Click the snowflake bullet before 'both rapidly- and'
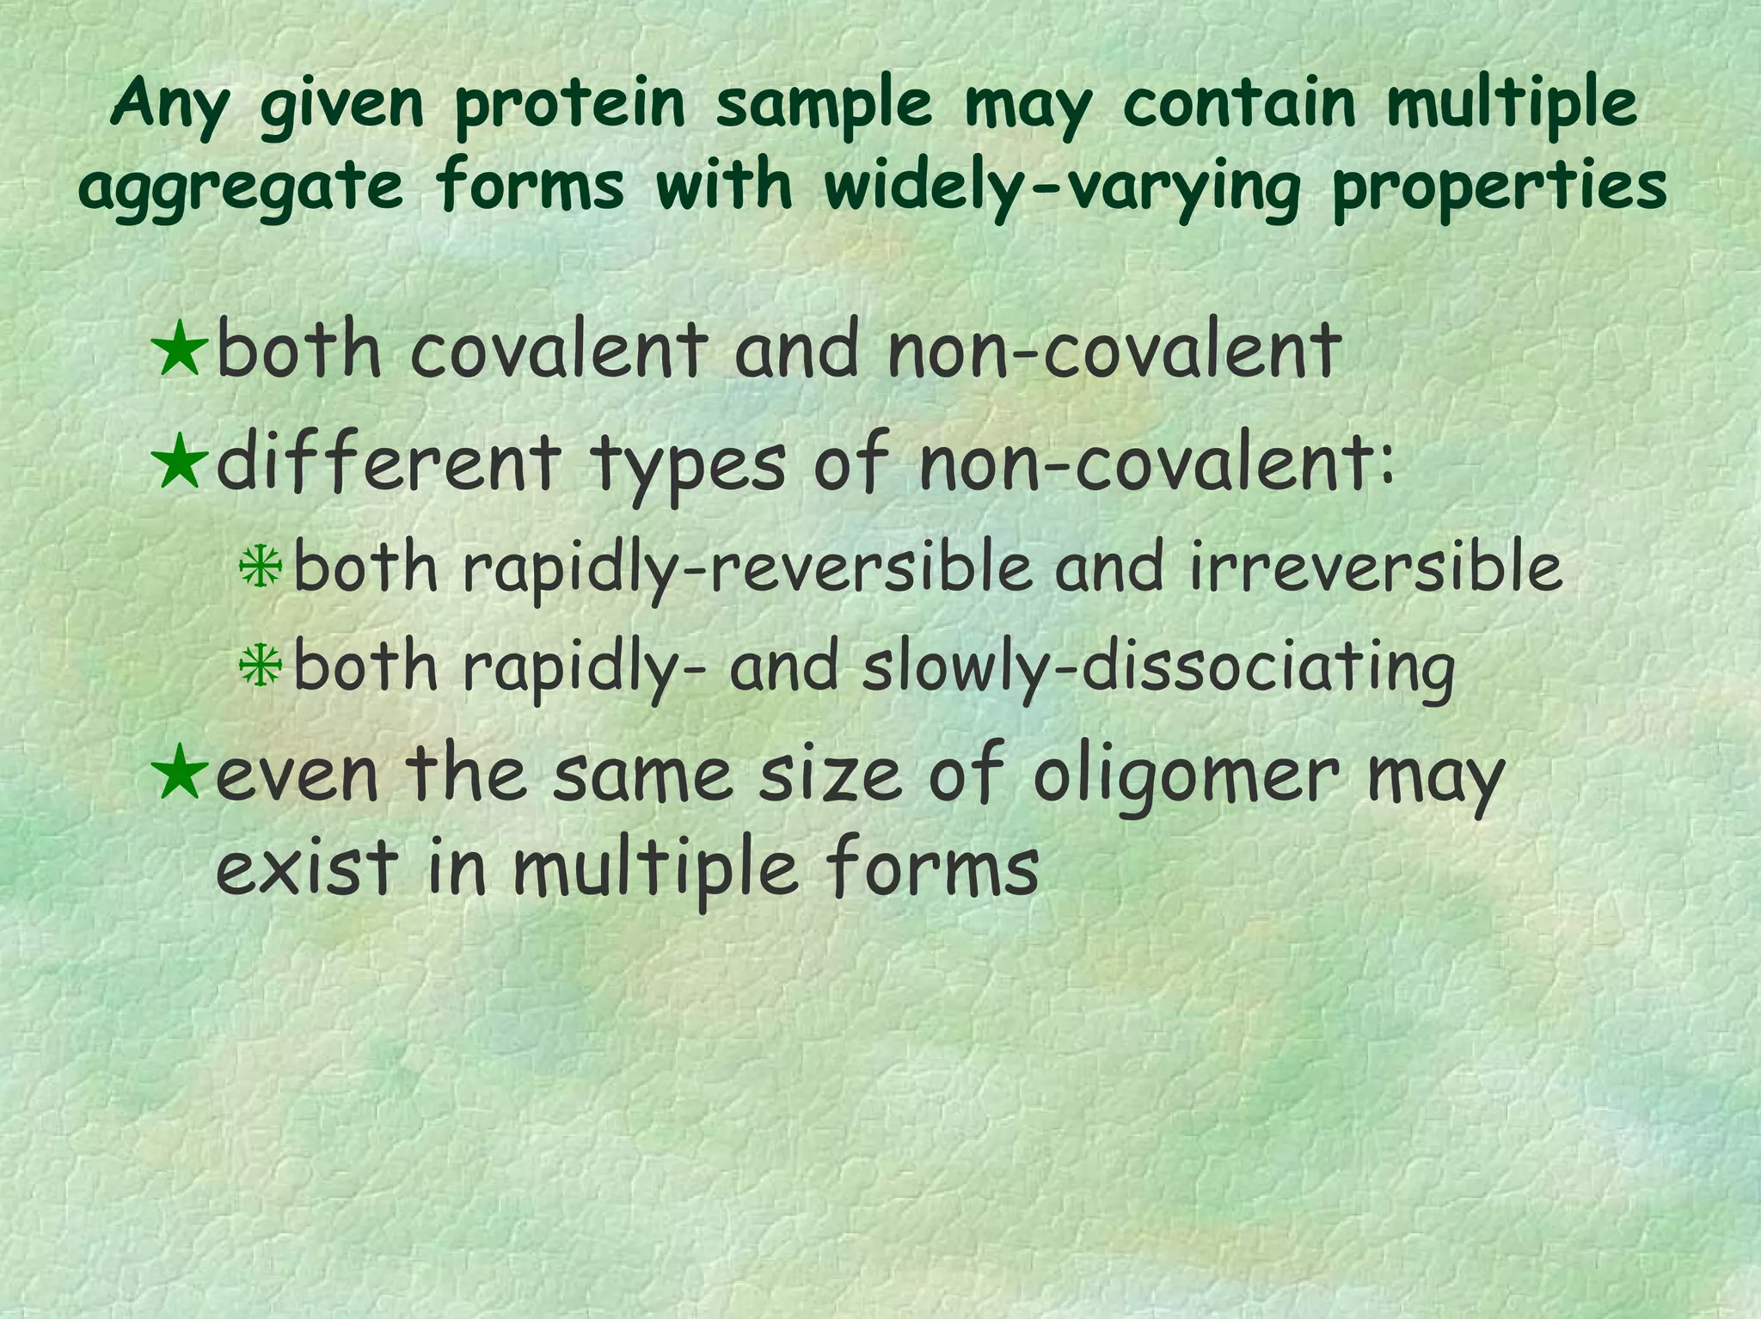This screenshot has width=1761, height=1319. [260, 666]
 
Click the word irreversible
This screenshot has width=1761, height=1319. [1376, 569]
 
